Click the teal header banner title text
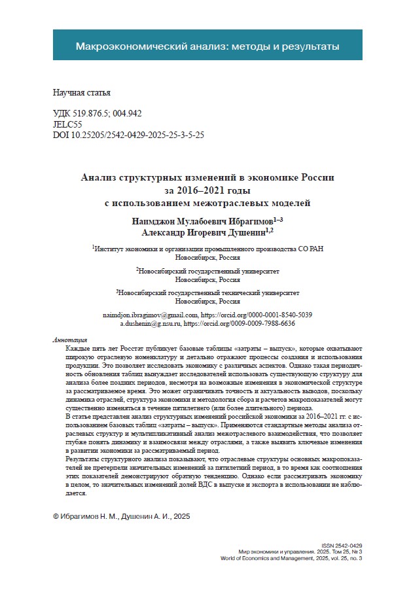[207, 46]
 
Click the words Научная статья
[78, 93]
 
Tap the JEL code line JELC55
[67, 123]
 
